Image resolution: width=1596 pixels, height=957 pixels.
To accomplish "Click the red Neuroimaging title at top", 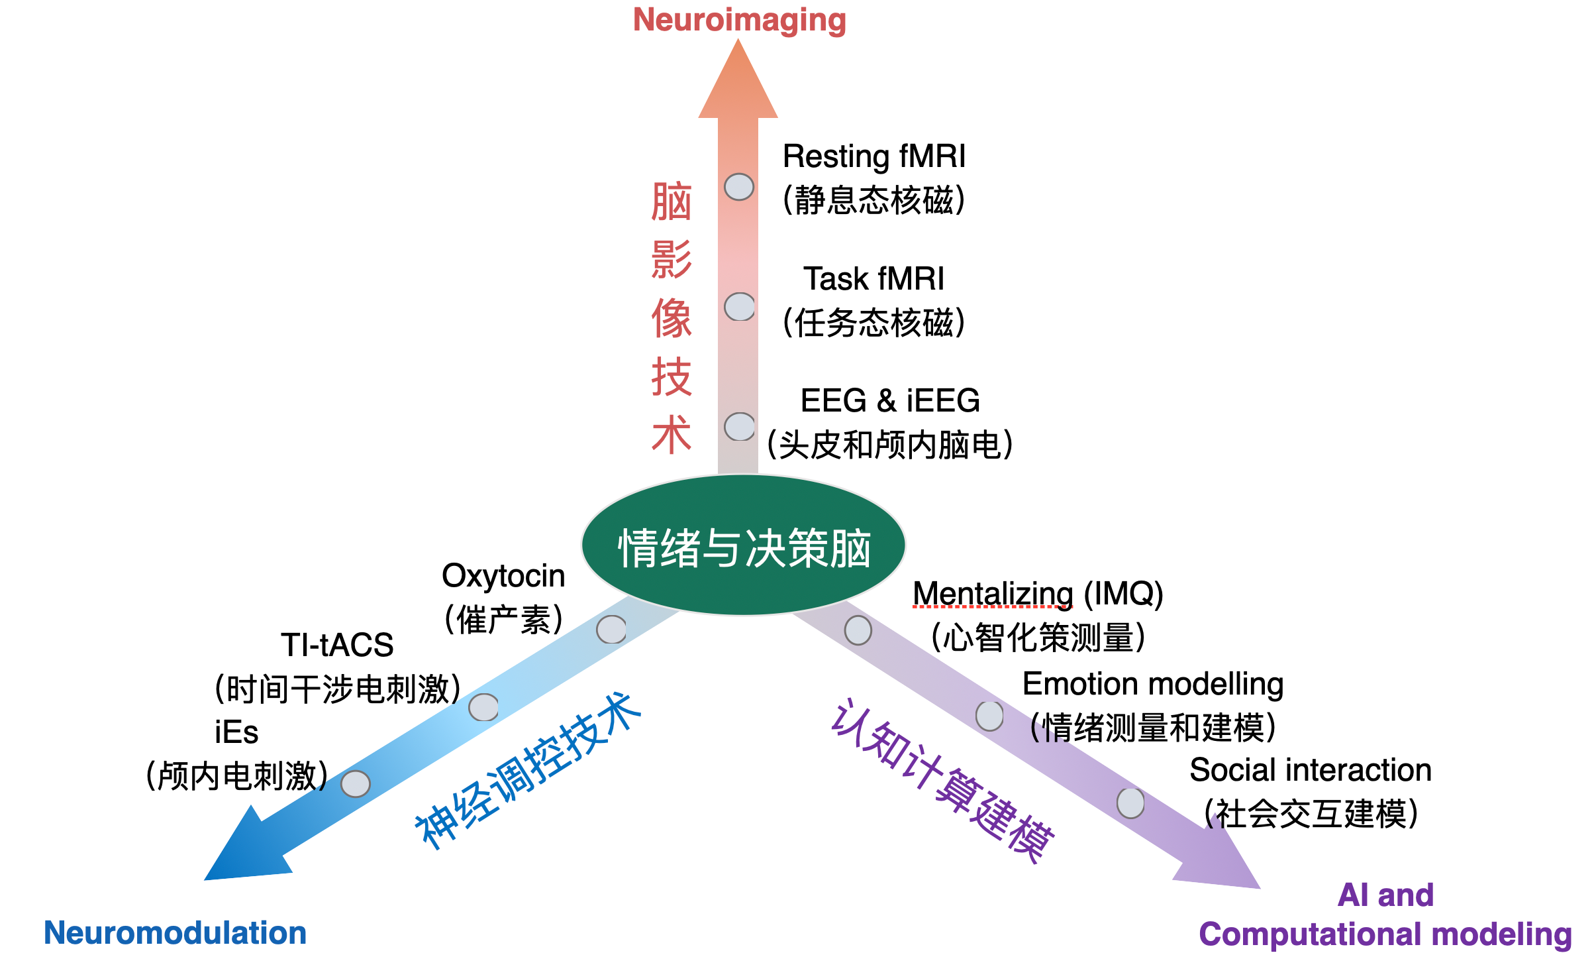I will point(739,20).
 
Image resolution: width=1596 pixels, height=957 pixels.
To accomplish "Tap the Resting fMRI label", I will point(873,156).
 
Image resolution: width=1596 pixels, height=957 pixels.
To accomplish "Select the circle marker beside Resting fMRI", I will point(739,187).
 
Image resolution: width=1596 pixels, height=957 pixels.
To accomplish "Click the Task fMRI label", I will point(873,278).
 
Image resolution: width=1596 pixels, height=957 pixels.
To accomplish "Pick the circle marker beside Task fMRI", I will point(739,307).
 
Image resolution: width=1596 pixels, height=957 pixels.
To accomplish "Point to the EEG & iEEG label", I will point(889,400).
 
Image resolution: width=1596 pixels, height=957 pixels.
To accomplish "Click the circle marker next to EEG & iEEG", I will point(739,427).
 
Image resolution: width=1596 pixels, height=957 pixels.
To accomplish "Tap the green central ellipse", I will point(743,545).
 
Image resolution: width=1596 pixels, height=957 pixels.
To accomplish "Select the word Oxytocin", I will point(503,575).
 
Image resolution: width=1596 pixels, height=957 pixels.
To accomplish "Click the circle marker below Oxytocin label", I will point(611,630).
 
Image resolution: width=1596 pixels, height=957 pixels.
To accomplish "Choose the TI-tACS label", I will point(337,645).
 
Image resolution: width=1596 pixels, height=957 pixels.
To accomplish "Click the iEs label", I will point(236,732).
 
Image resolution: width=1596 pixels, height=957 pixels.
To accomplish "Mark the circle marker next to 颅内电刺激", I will point(356,784).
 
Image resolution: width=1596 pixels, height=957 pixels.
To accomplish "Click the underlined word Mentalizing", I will point(993,593).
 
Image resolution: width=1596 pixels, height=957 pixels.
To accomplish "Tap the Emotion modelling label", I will point(1152,684).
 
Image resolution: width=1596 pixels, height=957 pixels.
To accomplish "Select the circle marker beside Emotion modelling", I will point(989,716).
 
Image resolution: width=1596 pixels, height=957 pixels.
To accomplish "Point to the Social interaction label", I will point(1310,770).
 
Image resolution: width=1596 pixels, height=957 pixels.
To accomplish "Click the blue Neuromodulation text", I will point(175,932).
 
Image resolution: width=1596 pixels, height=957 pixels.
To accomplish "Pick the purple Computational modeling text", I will point(1385,934).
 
